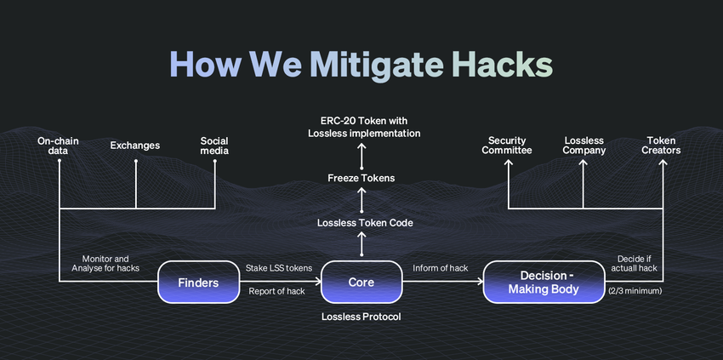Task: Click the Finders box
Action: pyautogui.click(x=199, y=282)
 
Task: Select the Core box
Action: pyautogui.click(x=361, y=282)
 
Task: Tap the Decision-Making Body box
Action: pyautogui.click(x=544, y=282)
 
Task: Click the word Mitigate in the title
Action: pyautogui.click(x=376, y=65)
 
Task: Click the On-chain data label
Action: pyautogui.click(x=58, y=146)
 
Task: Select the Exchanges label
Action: pyautogui.click(x=135, y=146)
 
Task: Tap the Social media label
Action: pyautogui.click(x=214, y=146)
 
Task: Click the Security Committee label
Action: pyautogui.click(x=507, y=146)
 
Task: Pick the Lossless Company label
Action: pyautogui.click(x=584, y=146)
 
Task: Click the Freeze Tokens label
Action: pyautogui.click(x=361, y=178)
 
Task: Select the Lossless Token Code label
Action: pyautogui.click(x=365, y=223)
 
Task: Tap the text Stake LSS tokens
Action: pyautogui.click(x=279, y=268)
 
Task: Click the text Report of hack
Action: pyautogui.click(x=277, y=291)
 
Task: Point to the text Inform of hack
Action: pyautogui.click(x=441, y=268)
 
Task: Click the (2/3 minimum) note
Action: pyautogui.click(x=635, y=291)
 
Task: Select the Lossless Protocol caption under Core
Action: pyautogui.click(x=361, y=317)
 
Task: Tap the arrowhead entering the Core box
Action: pyautogui.click(x=318, y=282)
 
